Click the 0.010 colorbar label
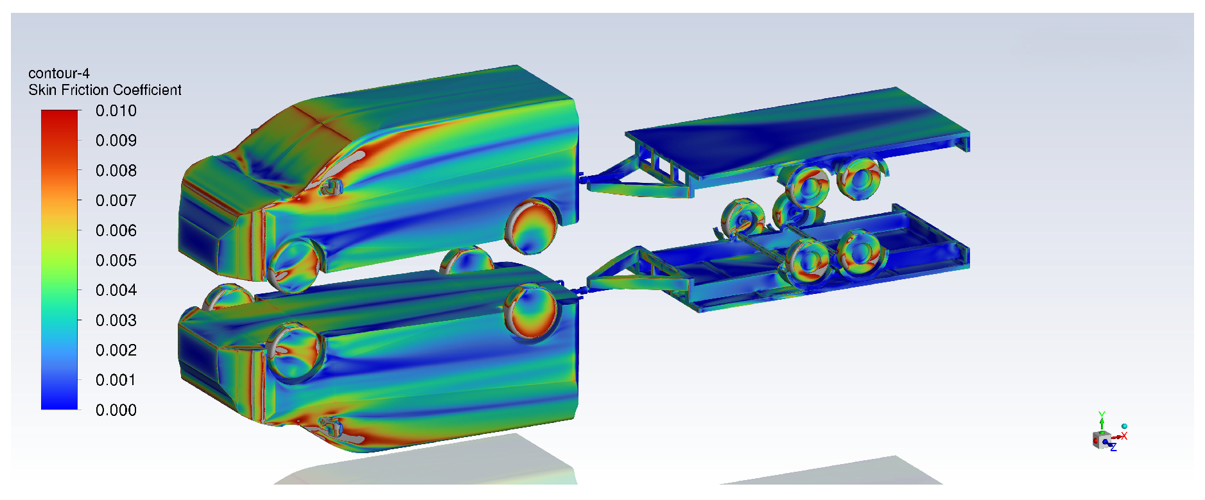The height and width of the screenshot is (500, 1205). click(x=116, y=111)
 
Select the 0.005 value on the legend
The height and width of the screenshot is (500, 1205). click(x=116, y=261)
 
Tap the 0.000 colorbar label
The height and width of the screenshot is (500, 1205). click(x=116, y=410)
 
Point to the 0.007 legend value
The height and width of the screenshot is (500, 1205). click(x=116, y=201)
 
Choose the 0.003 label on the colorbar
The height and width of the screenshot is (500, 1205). click(x=116, y=320)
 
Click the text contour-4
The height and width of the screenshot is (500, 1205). click(x=59, y=73)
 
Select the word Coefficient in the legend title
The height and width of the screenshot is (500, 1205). click(x=148, y=90)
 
